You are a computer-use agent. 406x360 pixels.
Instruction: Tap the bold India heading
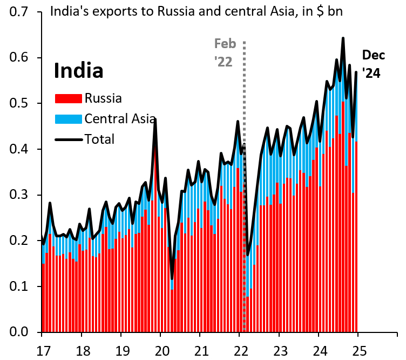tap(79, 71)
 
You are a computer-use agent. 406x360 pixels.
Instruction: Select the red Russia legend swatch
tap(69, 98)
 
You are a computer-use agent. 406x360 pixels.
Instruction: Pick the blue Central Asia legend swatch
tap(69, 119)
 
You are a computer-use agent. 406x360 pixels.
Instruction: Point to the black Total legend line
tap(69, 139)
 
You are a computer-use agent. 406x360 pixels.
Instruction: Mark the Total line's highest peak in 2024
tap(343, 38)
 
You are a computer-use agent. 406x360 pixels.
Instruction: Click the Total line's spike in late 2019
tap(155, 119)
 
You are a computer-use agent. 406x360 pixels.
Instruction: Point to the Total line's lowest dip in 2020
tap(172, 278)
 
